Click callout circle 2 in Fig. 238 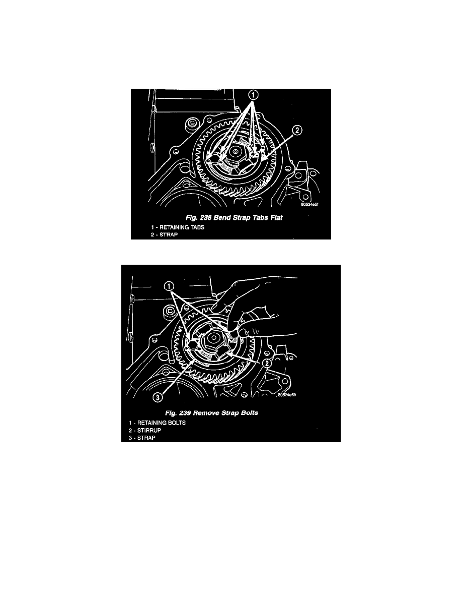point(297,131)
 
